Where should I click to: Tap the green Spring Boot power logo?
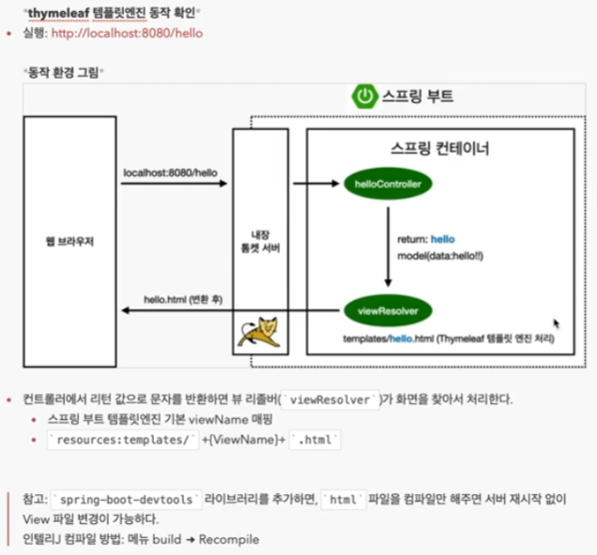pyautogui.click(x=363, y=95)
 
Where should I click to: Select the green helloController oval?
pyautogui.click(x=388, y=185)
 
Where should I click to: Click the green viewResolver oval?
pyautogui.click(x=388, y=309)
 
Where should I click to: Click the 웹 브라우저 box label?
pyautogui.click(x=70, y=242)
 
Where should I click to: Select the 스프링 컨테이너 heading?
pyautogui.click(x=439, y=149)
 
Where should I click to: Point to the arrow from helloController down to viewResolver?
pyautogui.click(x=388, y=247)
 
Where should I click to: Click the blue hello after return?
pyautogui.click(x=442, y=240)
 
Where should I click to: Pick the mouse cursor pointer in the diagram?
pyautogui.click(x=557, y=324)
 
